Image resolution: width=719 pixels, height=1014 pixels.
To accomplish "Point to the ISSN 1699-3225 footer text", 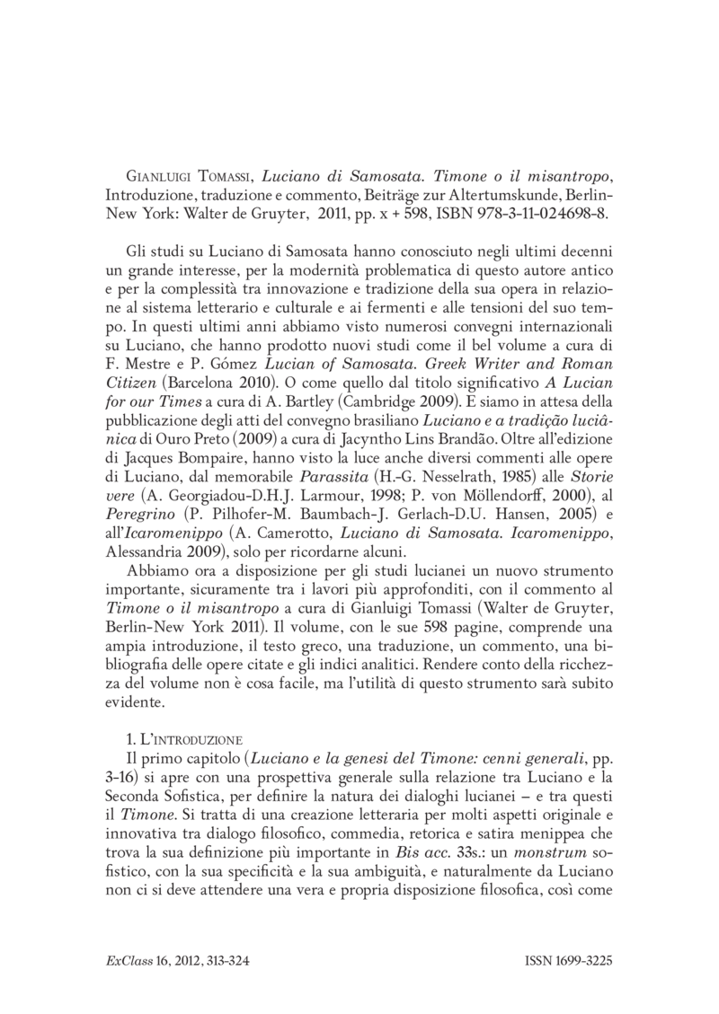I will (x=568, y=960).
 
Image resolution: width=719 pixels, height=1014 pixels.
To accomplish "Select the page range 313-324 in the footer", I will (x=217, y=960).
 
